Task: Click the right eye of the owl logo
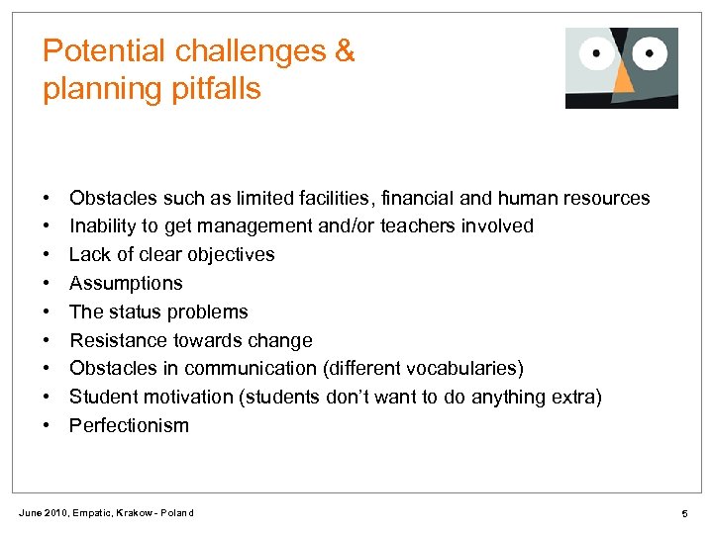[650, 52]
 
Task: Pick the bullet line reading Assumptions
[126, 284]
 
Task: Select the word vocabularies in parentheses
[464, 369]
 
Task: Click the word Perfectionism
[129, 426]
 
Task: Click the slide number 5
[683, 513]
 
